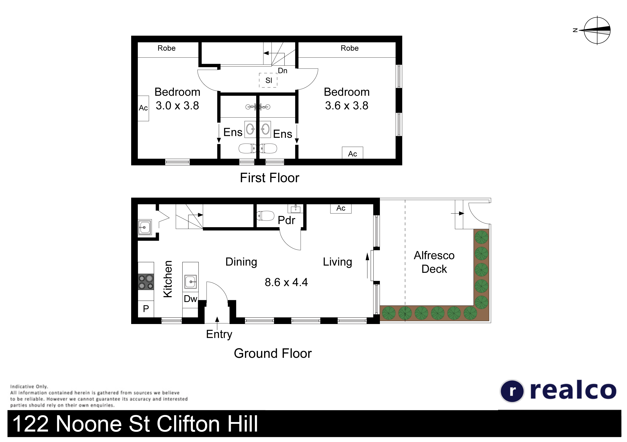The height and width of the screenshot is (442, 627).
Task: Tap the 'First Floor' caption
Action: pos(270,178)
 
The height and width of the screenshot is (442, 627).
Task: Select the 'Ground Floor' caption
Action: pos(273,353)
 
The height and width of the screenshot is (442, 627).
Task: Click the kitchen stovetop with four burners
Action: pos(146,282)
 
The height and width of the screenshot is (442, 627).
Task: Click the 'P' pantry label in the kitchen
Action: pos(146,309)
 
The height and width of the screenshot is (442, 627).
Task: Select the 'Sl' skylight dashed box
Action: pos(268,80)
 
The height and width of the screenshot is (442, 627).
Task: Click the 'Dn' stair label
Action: pos(283,71)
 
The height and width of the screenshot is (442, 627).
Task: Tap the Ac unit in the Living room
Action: pos(341,208)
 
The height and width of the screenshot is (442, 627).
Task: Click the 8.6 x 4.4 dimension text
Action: pos(286,282)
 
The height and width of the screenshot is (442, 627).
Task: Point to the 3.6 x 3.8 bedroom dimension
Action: pos(347,106)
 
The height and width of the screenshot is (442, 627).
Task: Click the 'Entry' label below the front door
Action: pos(219,334)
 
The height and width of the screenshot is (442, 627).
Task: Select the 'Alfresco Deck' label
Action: pos(434,262)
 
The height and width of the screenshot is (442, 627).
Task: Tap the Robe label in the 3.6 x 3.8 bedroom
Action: pos(349,48)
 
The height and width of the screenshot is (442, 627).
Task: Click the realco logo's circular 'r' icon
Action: pos(512,391)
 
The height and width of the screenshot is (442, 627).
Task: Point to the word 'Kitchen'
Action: pos(168,279)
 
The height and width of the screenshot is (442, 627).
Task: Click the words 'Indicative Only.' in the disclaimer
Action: pos(29,387)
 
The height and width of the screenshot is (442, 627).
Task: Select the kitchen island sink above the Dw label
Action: pos(191,282)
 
